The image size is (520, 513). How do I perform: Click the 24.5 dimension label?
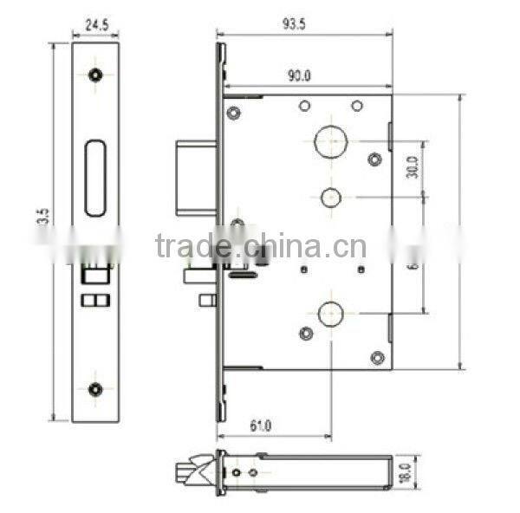click(x=95, y=26)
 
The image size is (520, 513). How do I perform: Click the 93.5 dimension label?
click(x=295, y=25)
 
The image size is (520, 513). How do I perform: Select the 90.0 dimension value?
click(x=301, y=77)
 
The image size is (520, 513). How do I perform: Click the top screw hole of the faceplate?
click(x=95, y=75)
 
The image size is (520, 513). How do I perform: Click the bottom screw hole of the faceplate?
click(x=95, y=388)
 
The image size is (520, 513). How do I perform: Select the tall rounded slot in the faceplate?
click(x=95, y=179)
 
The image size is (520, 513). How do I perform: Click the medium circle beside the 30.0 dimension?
click(x=331, y=197)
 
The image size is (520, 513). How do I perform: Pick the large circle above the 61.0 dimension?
click(x=331, y=314)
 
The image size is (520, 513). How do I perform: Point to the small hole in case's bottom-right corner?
click(x=375, y=356)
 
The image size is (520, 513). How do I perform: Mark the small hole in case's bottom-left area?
click(x=305, y=334)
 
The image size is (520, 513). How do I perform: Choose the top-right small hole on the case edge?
click(x=356, y=106)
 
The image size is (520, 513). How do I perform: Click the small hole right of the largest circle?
click(x=374, y=159)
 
